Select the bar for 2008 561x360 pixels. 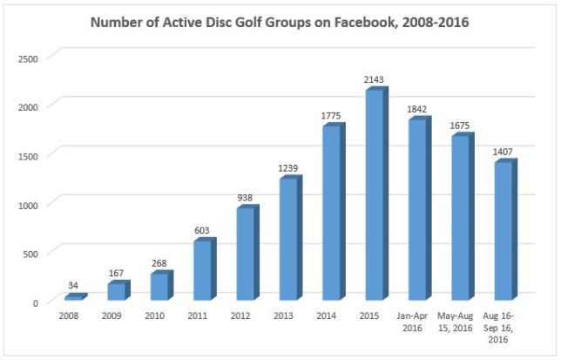74,298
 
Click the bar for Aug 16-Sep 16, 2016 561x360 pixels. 504,233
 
